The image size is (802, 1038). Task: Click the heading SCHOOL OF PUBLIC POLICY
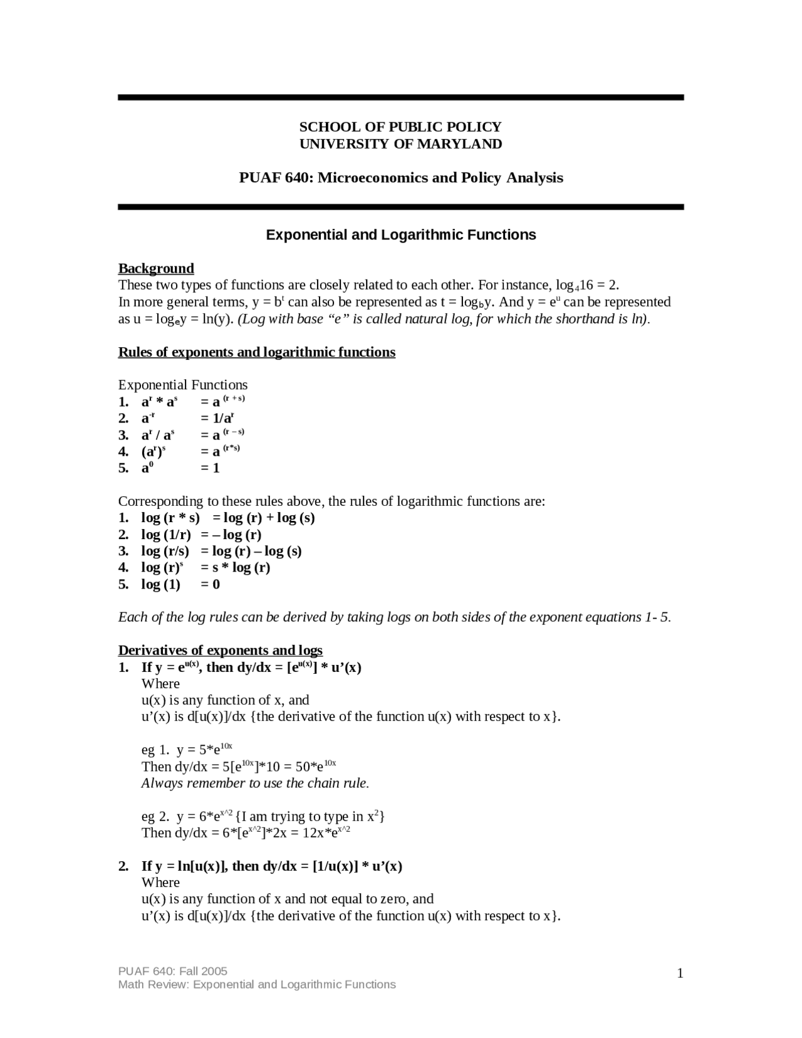click(x=400, y=127)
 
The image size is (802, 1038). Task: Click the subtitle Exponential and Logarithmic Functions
click(x=401, y=235)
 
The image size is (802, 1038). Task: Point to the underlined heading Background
click(x=156, y=269)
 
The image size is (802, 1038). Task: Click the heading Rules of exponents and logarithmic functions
click(x=257, y=352)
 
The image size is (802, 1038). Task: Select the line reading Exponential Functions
click(x=183, y=385)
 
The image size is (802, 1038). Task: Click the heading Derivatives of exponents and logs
click(x=221, y=650)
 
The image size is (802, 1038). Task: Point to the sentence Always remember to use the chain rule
click(x=256, y=784)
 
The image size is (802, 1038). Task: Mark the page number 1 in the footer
click(x=680, y=973)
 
